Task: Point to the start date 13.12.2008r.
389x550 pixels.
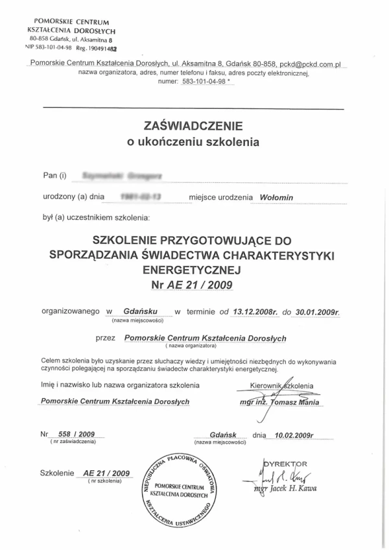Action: [257, 311]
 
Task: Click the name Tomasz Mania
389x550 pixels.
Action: [295, 401]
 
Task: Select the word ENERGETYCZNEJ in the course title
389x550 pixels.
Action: [192, 268]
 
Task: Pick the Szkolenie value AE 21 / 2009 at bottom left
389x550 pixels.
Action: [106, 473]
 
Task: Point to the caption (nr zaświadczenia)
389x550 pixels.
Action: [73, 442]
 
